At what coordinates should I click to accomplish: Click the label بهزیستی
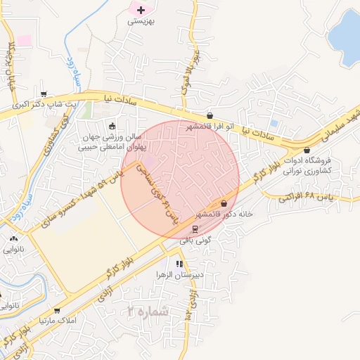(141, 22)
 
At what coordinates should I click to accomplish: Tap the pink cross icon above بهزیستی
(141, 10)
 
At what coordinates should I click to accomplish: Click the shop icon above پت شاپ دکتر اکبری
(44, 94)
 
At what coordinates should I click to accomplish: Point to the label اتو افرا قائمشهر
(210, 127)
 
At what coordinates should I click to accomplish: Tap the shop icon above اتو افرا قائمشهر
(210, 115)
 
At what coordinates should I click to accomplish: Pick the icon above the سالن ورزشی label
(112, 126)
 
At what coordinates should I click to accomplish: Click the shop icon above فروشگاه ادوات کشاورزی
(307, 150)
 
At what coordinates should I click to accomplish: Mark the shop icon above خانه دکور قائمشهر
(224, 202)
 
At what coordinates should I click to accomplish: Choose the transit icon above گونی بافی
(195, 229)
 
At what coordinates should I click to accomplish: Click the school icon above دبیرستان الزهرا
(180, 264)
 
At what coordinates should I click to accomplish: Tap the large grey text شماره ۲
(150, 311)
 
